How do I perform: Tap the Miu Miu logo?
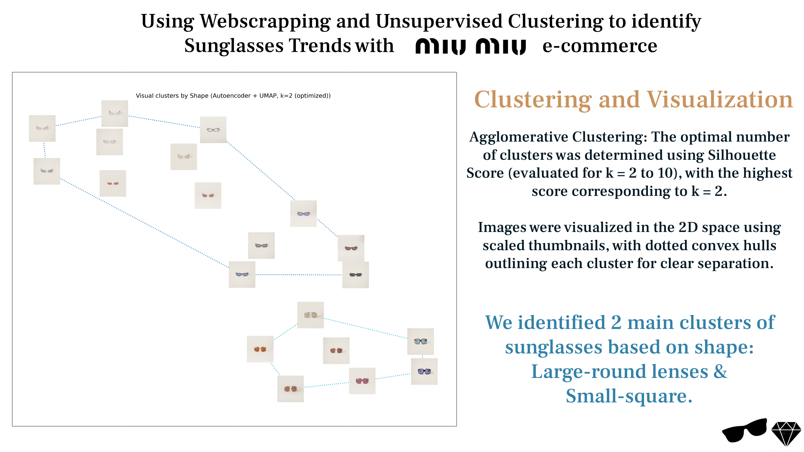click(x=470, y=47)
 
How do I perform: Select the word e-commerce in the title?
click(x=600, y=46)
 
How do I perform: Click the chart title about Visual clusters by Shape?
click(x=233, y=96)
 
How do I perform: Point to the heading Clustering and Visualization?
click(x=633, y=99)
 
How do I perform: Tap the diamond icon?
click(x=786, y=433)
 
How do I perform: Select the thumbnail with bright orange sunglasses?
click(x=260, y=349)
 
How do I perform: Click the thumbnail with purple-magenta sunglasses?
click(x=362, y=381)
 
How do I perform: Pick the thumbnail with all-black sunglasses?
click(x=356, y=275)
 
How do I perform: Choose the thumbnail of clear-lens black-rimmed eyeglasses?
click(x=213, y=130)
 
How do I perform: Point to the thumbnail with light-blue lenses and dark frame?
click(x=421, y=342)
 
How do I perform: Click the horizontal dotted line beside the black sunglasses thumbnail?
click(x=299, y=275)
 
